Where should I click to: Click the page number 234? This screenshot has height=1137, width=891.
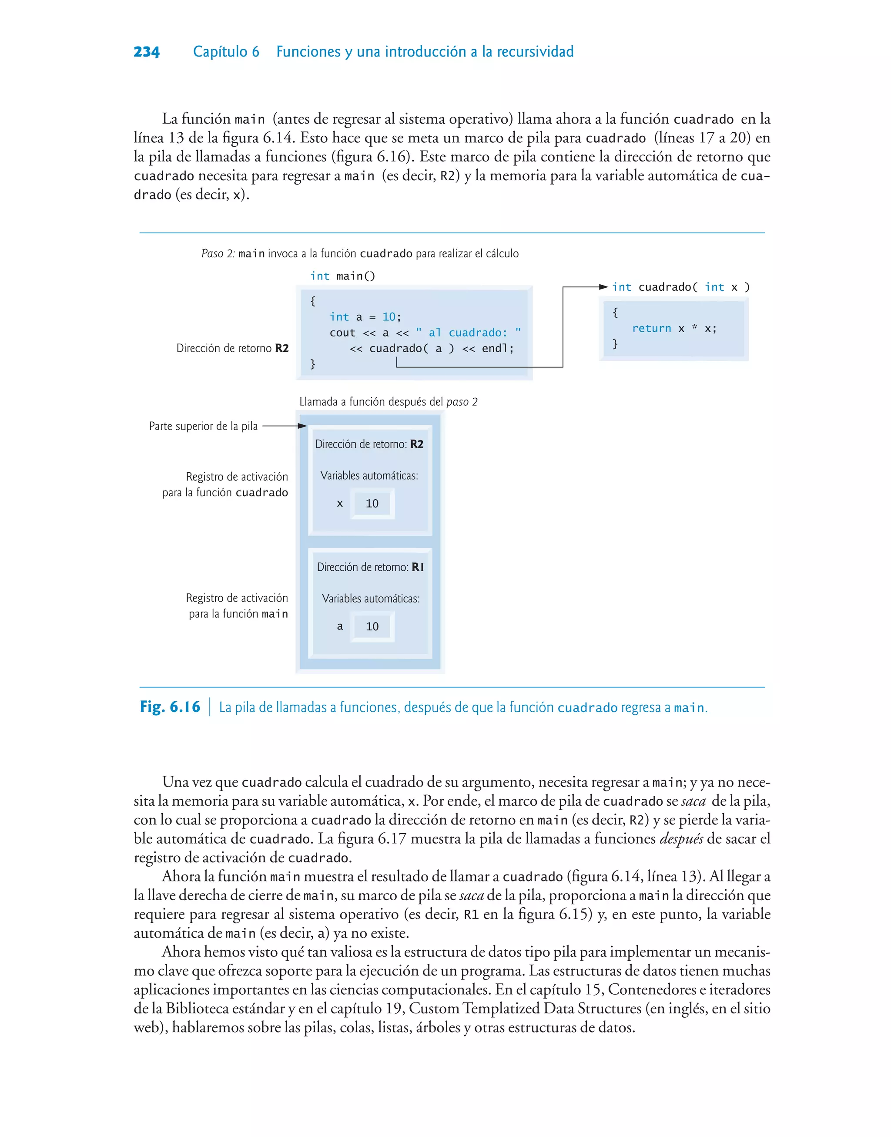pos(147,52)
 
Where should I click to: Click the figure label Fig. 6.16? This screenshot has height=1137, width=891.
pos(170,707)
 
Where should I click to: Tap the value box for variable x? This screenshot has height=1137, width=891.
pos(372,504)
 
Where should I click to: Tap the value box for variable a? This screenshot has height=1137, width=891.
pos(372,626)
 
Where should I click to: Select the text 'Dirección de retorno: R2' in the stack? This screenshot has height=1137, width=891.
pos(369,444)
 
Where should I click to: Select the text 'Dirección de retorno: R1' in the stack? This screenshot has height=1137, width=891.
pos(370,567)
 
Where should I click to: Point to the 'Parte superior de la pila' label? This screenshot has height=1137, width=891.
pos(203,426)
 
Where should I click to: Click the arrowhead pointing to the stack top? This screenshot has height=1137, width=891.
pos(302,426)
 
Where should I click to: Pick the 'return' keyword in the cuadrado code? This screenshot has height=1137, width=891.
pos(651,328)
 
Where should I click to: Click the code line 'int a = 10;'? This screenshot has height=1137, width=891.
pos(365,317)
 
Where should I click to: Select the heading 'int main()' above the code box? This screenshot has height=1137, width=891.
pos(342,276)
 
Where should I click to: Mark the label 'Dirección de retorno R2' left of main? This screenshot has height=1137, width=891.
pos(232,349)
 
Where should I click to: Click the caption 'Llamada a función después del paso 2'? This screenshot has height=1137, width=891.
pos(388,402)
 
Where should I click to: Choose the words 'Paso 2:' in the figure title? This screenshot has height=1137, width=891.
pos(218,254)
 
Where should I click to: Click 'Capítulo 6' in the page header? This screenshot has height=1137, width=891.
pos(226,52)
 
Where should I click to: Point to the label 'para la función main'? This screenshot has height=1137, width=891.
pos(238,614)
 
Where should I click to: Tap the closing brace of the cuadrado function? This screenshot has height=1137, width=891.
pos(615,344)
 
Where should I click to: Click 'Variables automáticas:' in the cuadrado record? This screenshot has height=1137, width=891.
pos(369,476)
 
